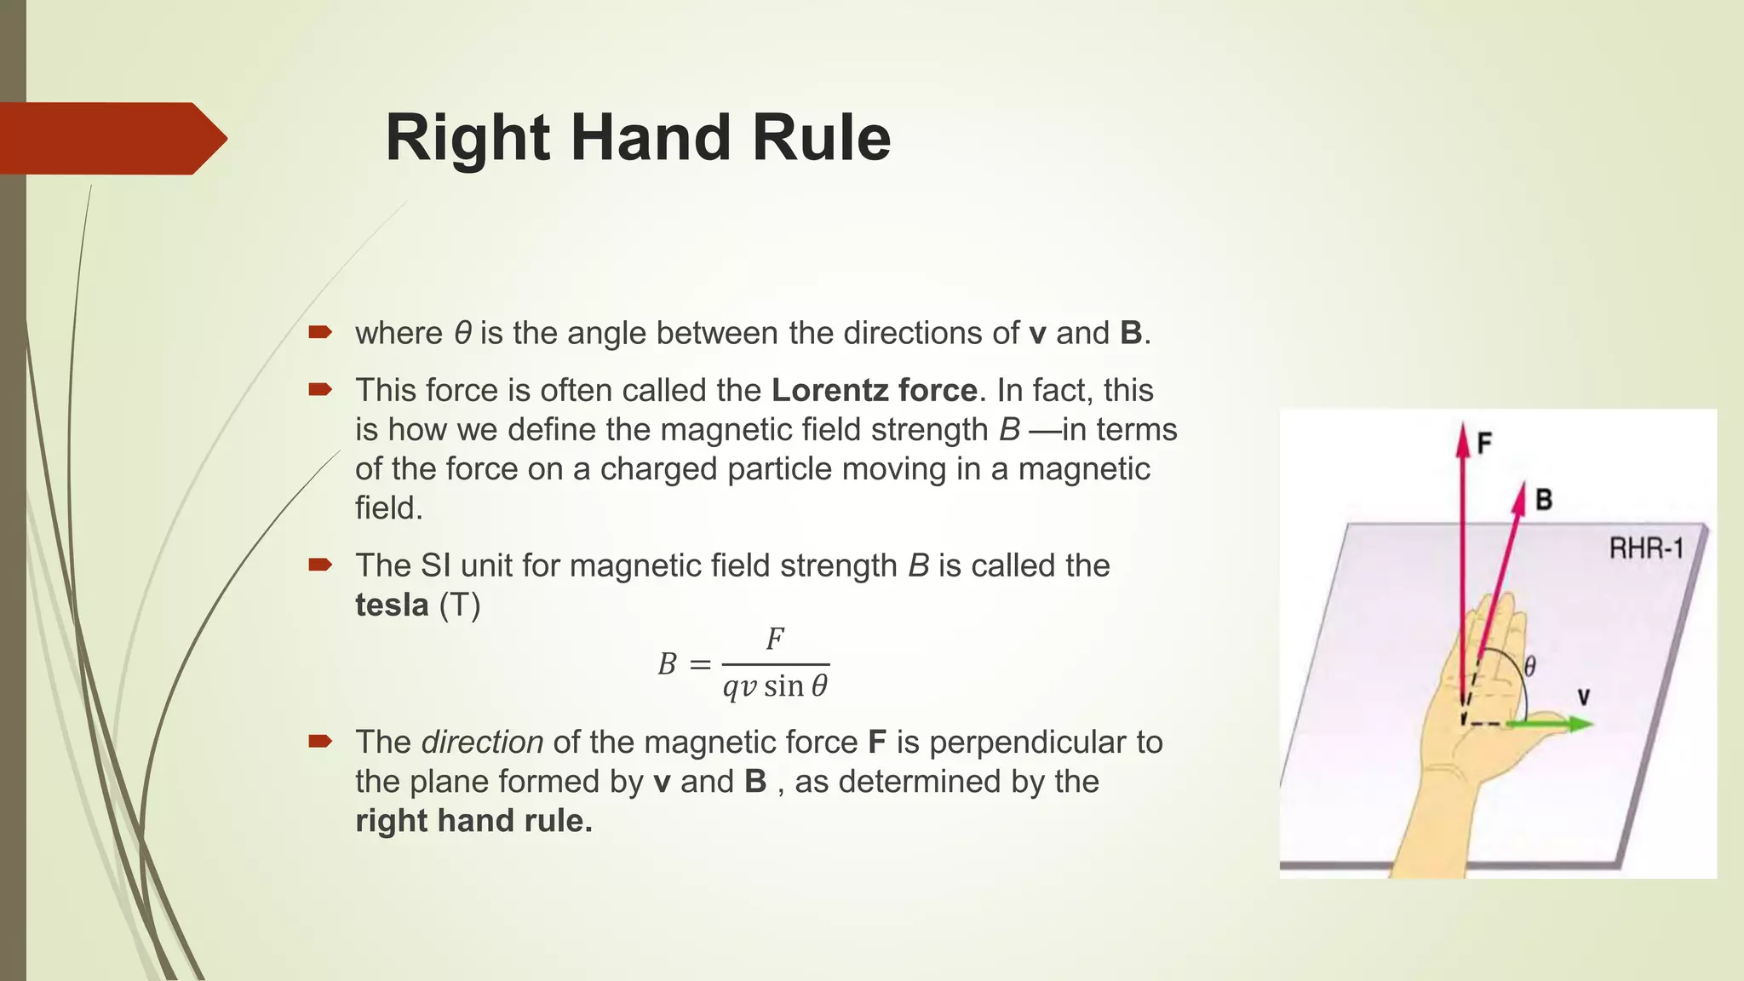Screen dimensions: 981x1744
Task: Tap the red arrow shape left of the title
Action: [111, 138]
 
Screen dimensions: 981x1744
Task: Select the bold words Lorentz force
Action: [874, 390]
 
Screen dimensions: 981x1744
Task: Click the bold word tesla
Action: [392, 605]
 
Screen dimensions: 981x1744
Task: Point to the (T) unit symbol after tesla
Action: [460, 605]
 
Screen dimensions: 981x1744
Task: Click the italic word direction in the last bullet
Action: [482, 742]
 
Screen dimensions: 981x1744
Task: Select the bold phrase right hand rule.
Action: [473, 820]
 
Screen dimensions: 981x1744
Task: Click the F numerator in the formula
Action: [774, 639]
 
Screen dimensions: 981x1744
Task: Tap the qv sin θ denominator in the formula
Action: [775, 686]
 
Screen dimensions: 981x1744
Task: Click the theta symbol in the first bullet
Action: [462, 333]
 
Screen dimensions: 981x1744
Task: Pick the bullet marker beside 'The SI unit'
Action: [319, 565]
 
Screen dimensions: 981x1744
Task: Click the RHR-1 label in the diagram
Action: [1646, 548]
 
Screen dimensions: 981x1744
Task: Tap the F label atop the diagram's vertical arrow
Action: [1484, 443]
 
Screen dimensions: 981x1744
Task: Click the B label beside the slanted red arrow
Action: [1543, 499]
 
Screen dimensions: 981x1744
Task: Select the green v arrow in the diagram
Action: [1550, 724]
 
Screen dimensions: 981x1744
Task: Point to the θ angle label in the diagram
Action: [1529, 666]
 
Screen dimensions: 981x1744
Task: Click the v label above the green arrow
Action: [1583, 697]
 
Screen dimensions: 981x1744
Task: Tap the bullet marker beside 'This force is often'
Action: [319, 390]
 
